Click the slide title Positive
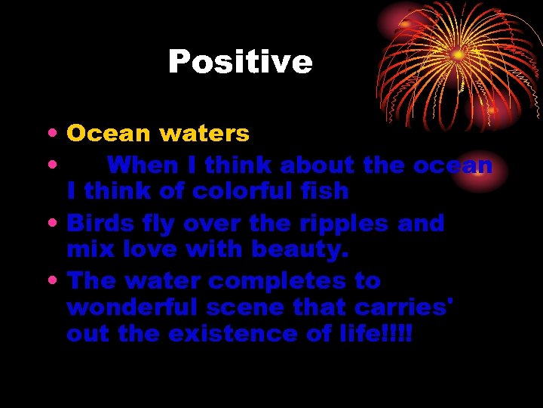pyautogui.click(x=240, y=61)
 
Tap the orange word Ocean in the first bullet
pyautogui.click(x=109, y=134)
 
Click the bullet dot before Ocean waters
pyautogui.click(x=49, y=134)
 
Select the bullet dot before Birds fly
pyautogui.click(x=49, y=224)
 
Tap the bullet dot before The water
pyautogui.click(x=49, y=282)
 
